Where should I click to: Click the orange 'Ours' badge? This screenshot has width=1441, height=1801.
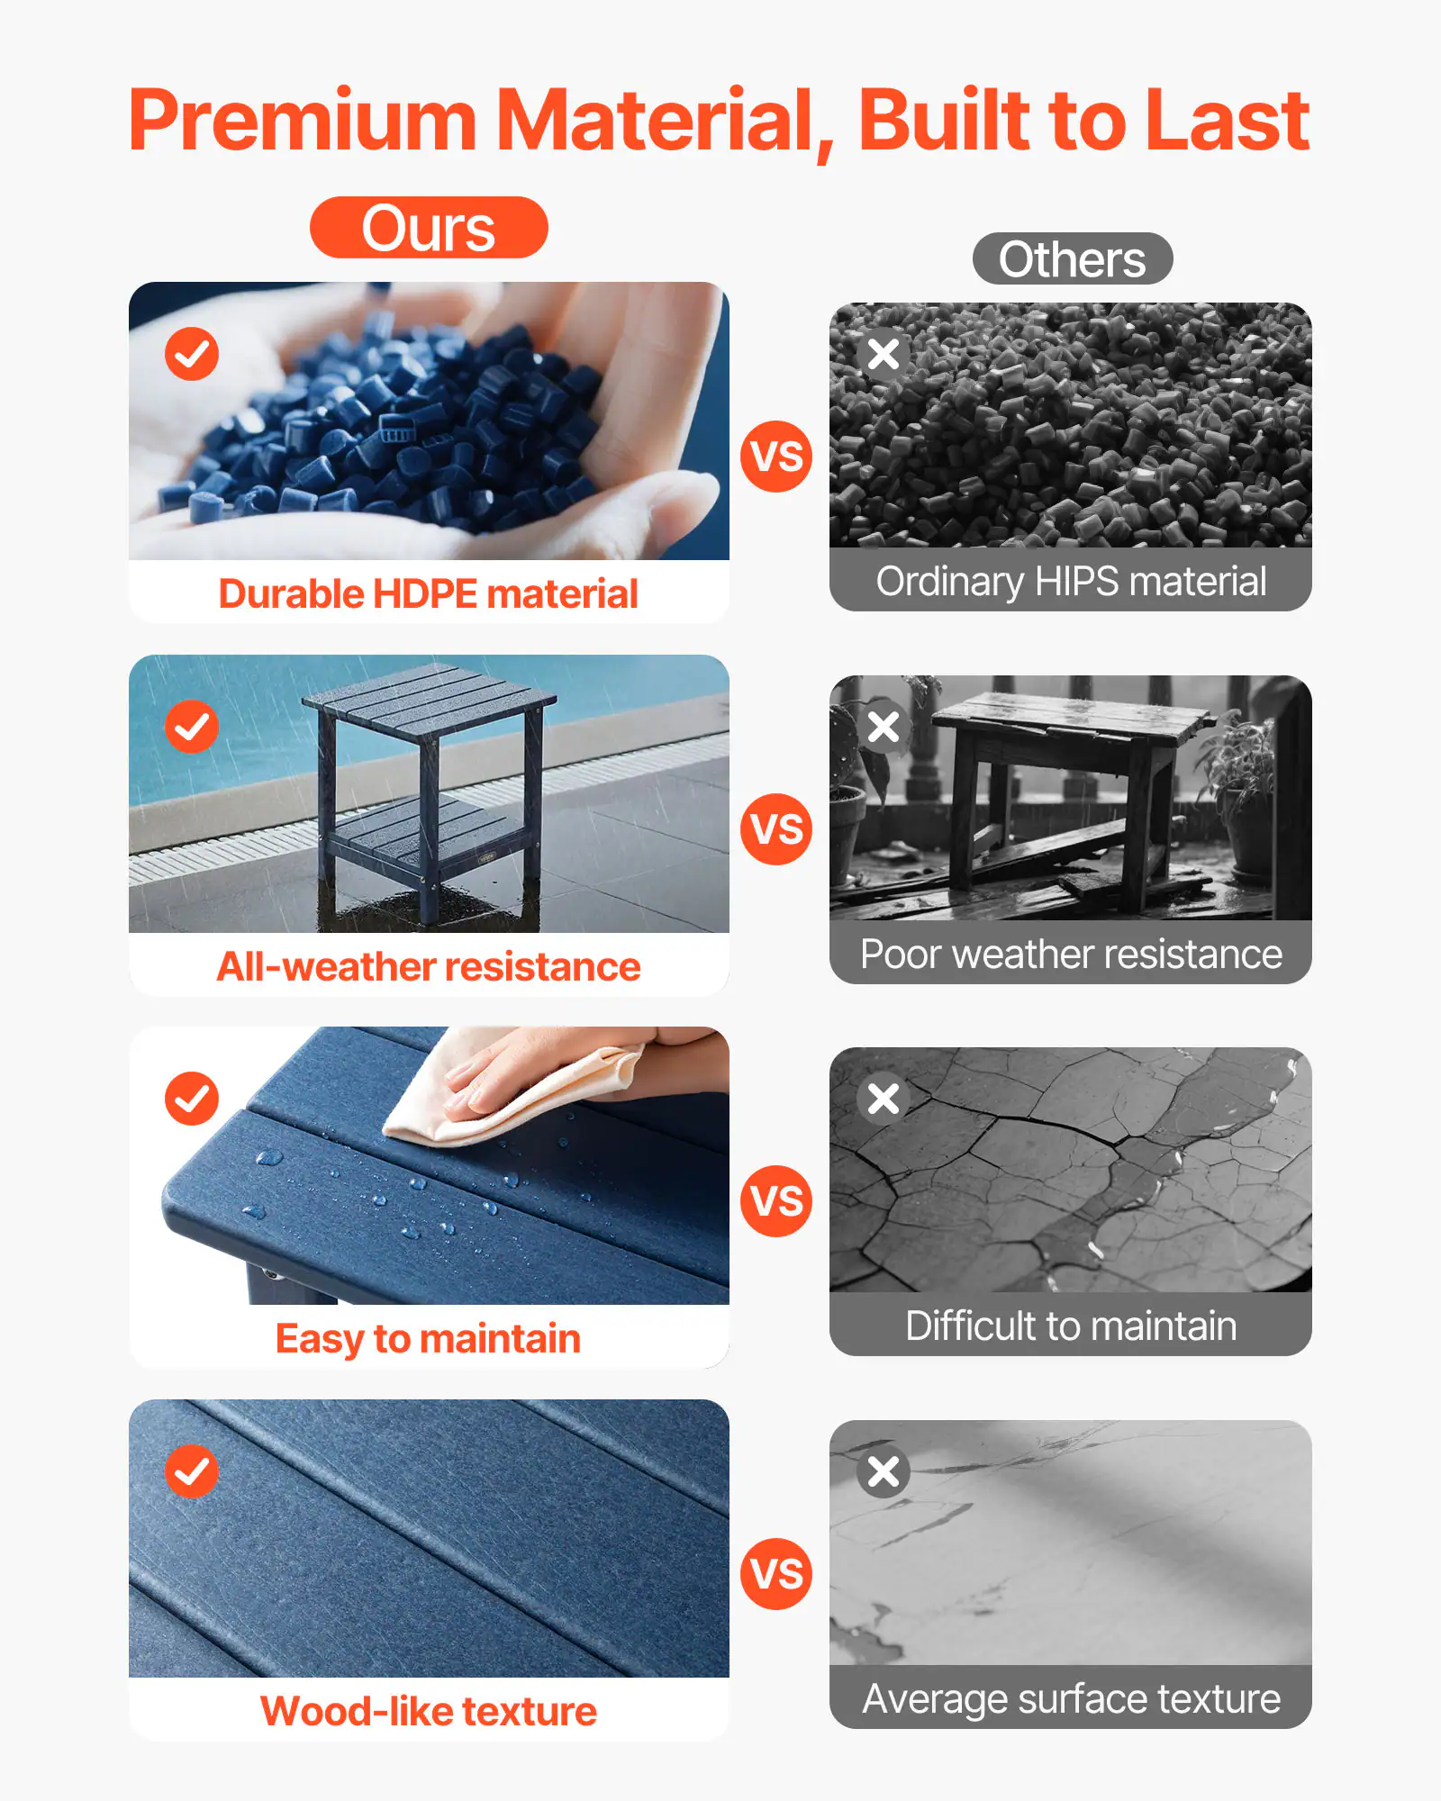(x=429, y=228)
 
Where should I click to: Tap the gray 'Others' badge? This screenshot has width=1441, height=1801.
(x=1072, y=259)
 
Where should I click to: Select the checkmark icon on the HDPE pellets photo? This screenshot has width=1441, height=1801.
(x=192, y=354)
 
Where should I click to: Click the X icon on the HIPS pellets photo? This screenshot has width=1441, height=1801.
(x=884, y=354)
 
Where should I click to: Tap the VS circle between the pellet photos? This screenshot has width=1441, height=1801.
(x=776, y=457)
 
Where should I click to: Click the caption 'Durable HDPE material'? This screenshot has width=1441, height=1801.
(x=429, y=594)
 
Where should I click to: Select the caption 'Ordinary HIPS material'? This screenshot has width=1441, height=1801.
(x=1071, y=582)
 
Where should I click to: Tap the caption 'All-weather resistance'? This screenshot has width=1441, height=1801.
(x=429, y=967)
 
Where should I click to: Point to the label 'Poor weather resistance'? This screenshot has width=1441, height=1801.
(x=1071, y=955)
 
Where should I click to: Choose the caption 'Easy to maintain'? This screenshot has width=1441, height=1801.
(x=429, y=1339)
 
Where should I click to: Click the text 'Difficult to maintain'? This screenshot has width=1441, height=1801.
(x=1071, y=1326)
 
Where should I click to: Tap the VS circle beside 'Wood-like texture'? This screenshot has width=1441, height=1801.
(x=776, y=1574)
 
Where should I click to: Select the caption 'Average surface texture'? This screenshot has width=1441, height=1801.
(x=1071, y=1699)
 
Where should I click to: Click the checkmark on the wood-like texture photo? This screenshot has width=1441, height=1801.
(x=192, y=1471)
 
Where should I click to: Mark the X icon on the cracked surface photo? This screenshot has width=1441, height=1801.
(x=884, y=1099)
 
